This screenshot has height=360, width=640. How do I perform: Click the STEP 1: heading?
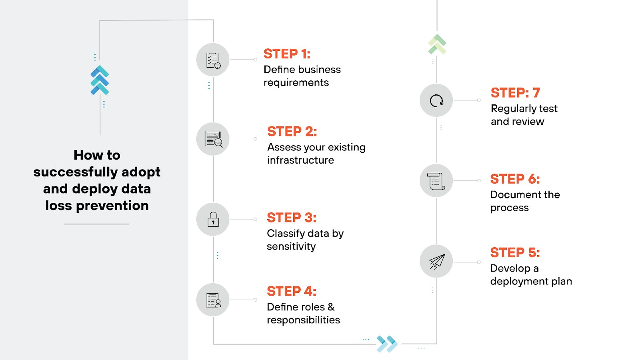[287, 54]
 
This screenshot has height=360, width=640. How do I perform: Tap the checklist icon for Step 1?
[213, 60]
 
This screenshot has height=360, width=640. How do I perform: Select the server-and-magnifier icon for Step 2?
[213, 139]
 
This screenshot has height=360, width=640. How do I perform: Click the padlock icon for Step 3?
[213, 220]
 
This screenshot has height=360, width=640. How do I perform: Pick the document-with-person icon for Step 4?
[213, 300]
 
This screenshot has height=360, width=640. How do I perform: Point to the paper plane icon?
[436, 262]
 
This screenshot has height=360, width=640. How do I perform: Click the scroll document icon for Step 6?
[436, 181]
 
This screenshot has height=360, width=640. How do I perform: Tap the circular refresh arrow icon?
[436, 100]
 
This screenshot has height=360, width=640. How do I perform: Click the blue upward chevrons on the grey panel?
[100, 80]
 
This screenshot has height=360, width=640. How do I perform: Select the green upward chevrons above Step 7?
[437, 44]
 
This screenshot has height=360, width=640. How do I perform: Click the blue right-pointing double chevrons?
[387, 344]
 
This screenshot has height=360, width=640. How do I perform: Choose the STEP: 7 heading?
[515, 93]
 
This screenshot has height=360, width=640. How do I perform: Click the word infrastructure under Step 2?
[300, 160]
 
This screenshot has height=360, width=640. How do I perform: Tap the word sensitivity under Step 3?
[291, 246]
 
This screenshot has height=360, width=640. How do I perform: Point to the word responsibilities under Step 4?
[303, 320]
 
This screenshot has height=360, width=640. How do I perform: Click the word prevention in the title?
[112, 206]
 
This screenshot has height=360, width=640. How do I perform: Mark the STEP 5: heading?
[515, 253]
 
